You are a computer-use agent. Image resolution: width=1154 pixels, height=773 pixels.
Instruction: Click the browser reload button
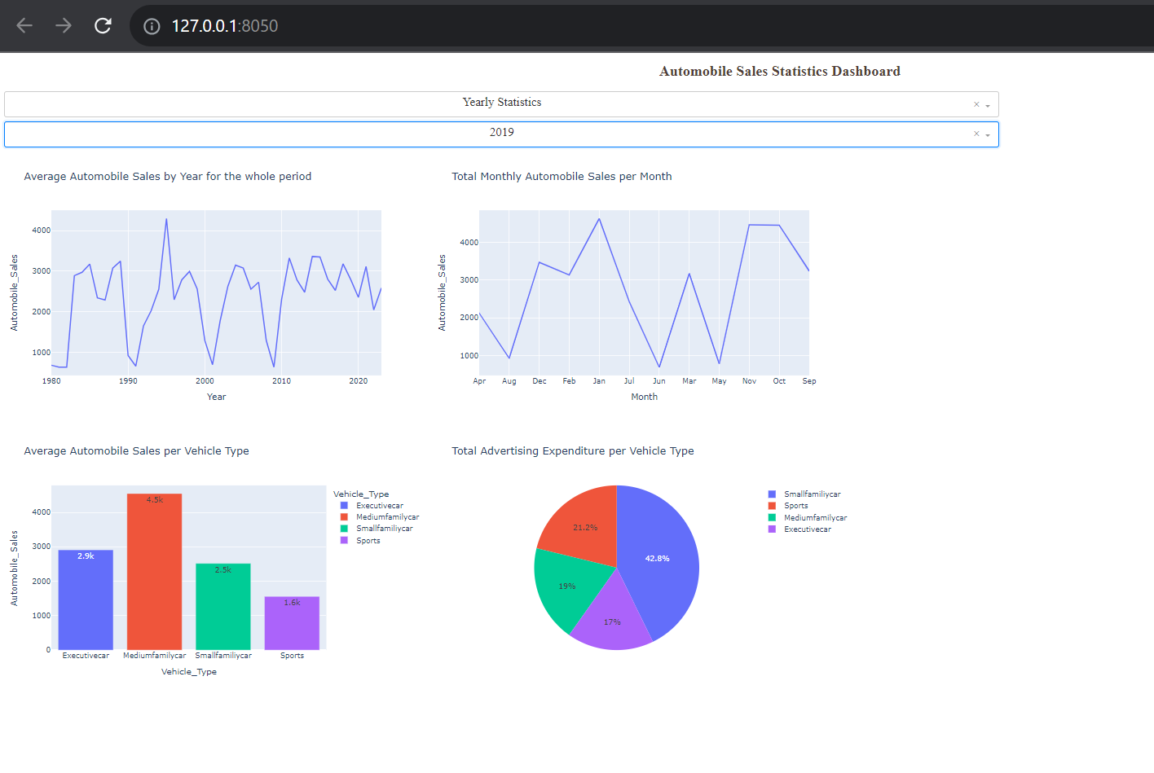click(x=103, y=26)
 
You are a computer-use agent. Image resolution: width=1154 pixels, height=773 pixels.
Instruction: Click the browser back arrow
click(x=24, y=26)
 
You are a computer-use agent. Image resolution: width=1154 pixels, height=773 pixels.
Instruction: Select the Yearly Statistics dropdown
click(x=501, y=103)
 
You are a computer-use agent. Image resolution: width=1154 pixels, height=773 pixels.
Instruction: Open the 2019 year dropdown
click(x=501, y=134)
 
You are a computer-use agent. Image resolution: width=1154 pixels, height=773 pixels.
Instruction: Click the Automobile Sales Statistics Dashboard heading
click(x=779, y=72)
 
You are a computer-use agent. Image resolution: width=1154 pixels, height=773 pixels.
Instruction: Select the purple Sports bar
click(x=292, y=623)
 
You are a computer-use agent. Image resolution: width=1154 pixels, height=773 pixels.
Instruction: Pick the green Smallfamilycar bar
click(x=223, y=607)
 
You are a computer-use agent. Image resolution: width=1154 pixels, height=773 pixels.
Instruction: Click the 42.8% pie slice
click(x=657, y=559)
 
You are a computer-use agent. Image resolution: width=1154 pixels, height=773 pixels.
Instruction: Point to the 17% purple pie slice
click(x=612, y=622)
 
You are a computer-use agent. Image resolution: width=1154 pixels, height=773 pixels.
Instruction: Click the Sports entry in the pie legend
click(x=795, y=506)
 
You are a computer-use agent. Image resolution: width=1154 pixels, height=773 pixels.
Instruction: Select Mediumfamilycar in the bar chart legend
click(x=387, y=517)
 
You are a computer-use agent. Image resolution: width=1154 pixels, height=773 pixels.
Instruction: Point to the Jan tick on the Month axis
click(x=599, y=381)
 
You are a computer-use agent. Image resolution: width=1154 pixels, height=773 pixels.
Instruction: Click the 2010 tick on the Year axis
click(x=281, y=381)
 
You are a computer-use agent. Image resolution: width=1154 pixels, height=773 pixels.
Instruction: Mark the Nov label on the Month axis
click(x=749, y=381)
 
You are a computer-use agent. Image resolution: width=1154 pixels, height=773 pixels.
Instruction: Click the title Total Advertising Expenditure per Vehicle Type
click(x=573, y=451)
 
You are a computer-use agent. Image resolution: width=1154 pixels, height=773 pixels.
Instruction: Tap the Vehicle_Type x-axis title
click(x=189, y=672)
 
